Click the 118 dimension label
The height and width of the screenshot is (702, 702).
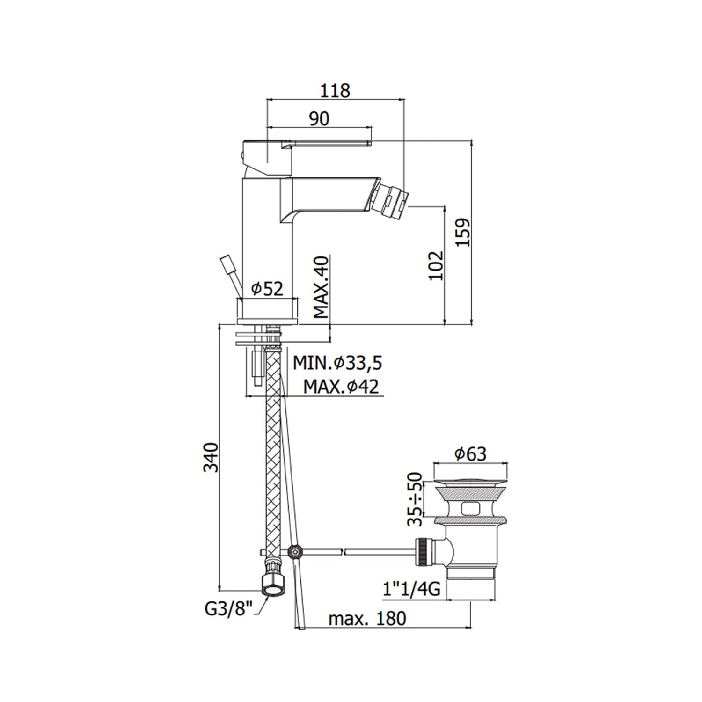point(335,90)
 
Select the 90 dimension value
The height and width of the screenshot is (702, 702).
point(319,118)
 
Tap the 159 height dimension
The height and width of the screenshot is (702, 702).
point(463,232)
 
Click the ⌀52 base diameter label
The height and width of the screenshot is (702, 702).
point(267,289)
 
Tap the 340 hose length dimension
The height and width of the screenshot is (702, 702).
point(211,457)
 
